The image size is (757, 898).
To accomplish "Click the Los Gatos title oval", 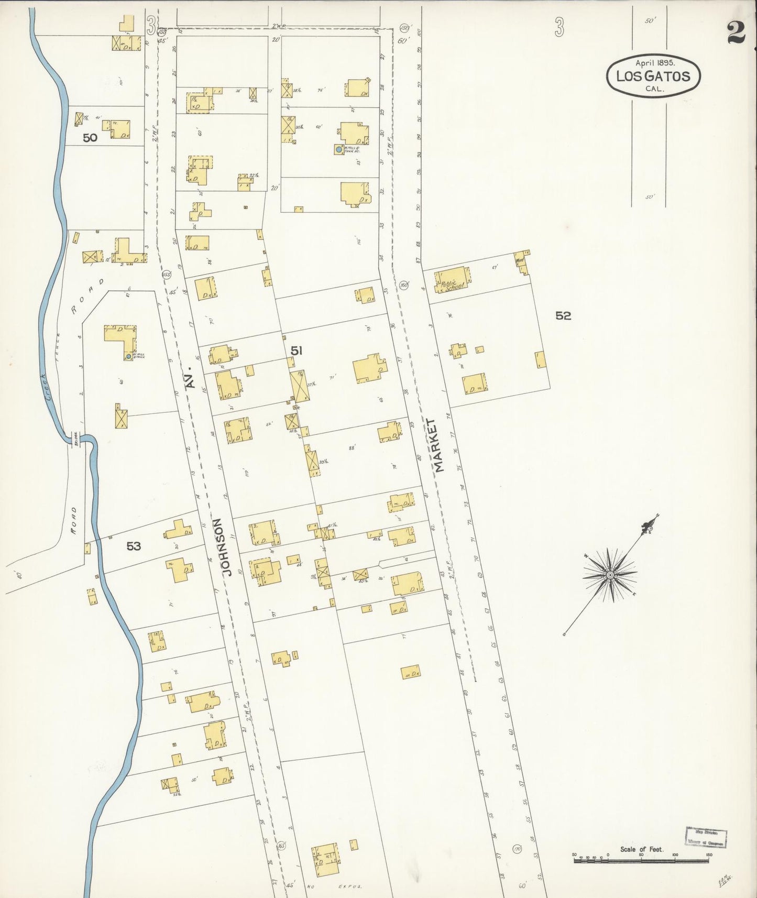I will point(653,76).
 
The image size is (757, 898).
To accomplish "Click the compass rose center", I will point(610,575).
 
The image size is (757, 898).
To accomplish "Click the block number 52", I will point(563,316).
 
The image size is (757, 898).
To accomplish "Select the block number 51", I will point(297,351).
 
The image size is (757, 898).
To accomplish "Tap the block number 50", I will point(90,138).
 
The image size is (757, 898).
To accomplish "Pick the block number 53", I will point(134,546).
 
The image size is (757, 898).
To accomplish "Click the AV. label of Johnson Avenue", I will point(192,379).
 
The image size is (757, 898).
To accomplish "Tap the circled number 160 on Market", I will point(403,285).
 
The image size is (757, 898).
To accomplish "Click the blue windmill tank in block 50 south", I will point(128,357).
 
